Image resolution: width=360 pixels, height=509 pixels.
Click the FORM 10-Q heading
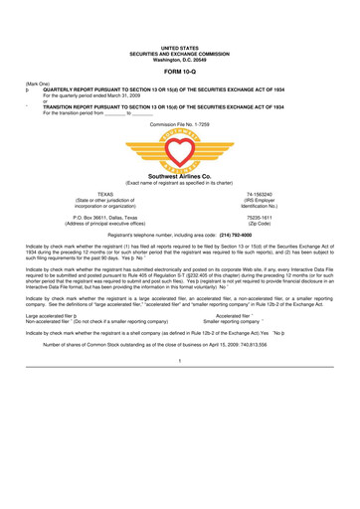180,71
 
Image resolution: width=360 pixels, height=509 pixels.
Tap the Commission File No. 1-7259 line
180,122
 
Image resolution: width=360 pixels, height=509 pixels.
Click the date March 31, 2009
133,95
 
